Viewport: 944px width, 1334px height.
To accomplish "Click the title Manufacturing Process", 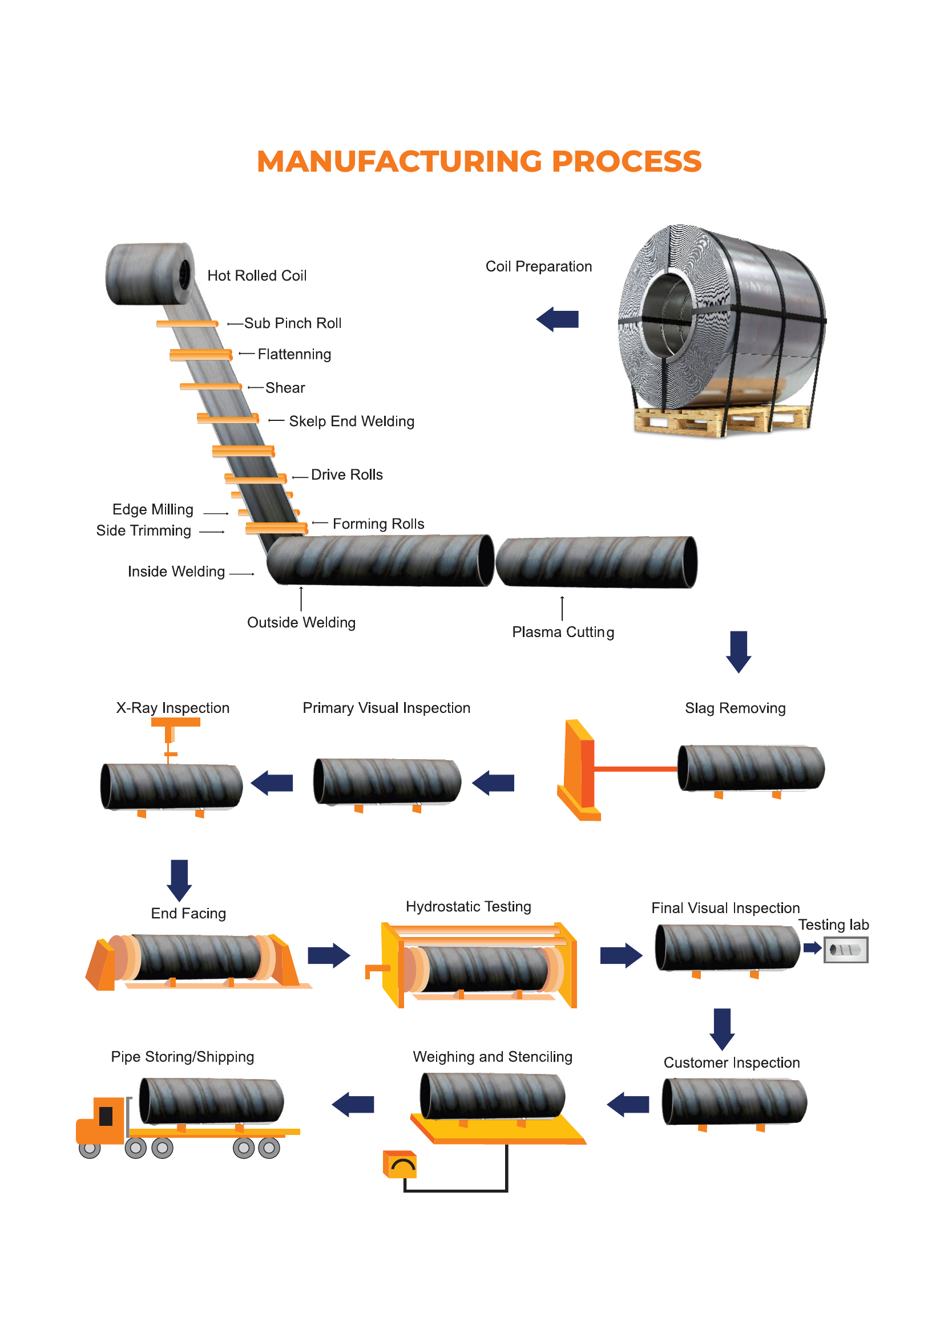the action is coord(479,161).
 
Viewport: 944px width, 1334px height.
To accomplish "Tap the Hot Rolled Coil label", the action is coord(257,275).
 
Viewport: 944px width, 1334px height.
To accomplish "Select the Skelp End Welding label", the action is coord(352,421).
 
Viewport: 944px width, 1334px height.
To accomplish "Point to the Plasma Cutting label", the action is coord(563,632).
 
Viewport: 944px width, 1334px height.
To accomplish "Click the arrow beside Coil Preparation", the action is coord(558,319).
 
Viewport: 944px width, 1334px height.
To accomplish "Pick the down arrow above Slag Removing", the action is coord(739,652).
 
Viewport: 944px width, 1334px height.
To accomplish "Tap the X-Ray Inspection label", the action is coord(172,708).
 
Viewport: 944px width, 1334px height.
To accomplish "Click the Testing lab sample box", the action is coord(846,950).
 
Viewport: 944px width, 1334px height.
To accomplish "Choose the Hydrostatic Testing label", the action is coord(469,906).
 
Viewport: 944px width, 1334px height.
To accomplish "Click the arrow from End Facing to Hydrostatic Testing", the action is coord(329,955).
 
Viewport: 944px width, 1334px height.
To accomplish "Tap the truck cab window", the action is coord(106,1116).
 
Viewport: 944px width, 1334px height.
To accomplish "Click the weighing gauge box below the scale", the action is coord(400,1165).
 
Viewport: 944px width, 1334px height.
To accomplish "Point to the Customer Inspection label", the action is coord(732,1063).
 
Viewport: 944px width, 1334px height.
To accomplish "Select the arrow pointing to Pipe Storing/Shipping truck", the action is coord(353,1104).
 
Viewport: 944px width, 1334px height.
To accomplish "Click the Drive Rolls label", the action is coord(347,475).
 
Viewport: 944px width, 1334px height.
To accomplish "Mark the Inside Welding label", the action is coord(176,571).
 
